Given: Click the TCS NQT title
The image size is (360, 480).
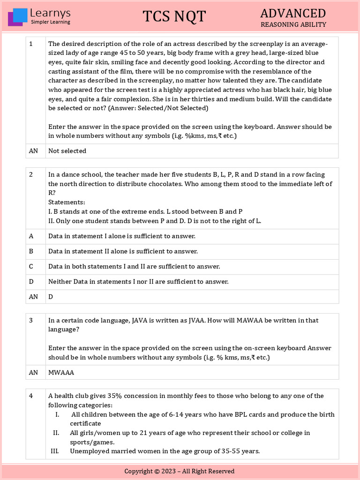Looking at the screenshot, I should tap(174, 16).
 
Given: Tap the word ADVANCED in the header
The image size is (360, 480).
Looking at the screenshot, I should tap(293, 13).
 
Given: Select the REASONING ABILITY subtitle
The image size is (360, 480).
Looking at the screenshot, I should tap(293, 25).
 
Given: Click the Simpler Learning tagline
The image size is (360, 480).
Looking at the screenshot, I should tap(50, 22).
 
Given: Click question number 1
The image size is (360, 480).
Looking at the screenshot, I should tap(31, 44).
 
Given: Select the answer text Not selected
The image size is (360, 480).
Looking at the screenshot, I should tap(67, 151).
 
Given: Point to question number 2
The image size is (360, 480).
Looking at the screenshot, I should tap(31, 175).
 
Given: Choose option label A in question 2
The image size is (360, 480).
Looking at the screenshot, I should tap(31, 236).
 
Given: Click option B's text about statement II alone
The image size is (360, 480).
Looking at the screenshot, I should tap(123, 252).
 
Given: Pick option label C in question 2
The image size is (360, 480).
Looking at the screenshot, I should tap(31, 267).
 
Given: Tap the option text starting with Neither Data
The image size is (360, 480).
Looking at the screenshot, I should tap(138, 282).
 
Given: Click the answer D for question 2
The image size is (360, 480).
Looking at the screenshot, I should tap(51, 297).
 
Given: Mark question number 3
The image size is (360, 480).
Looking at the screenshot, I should tap(31, 321).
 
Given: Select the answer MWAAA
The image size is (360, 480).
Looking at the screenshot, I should tap(61, 373).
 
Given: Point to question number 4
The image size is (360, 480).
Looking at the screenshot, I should tap(31, 396).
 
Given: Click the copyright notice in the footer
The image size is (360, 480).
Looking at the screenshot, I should tap(180, 471).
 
